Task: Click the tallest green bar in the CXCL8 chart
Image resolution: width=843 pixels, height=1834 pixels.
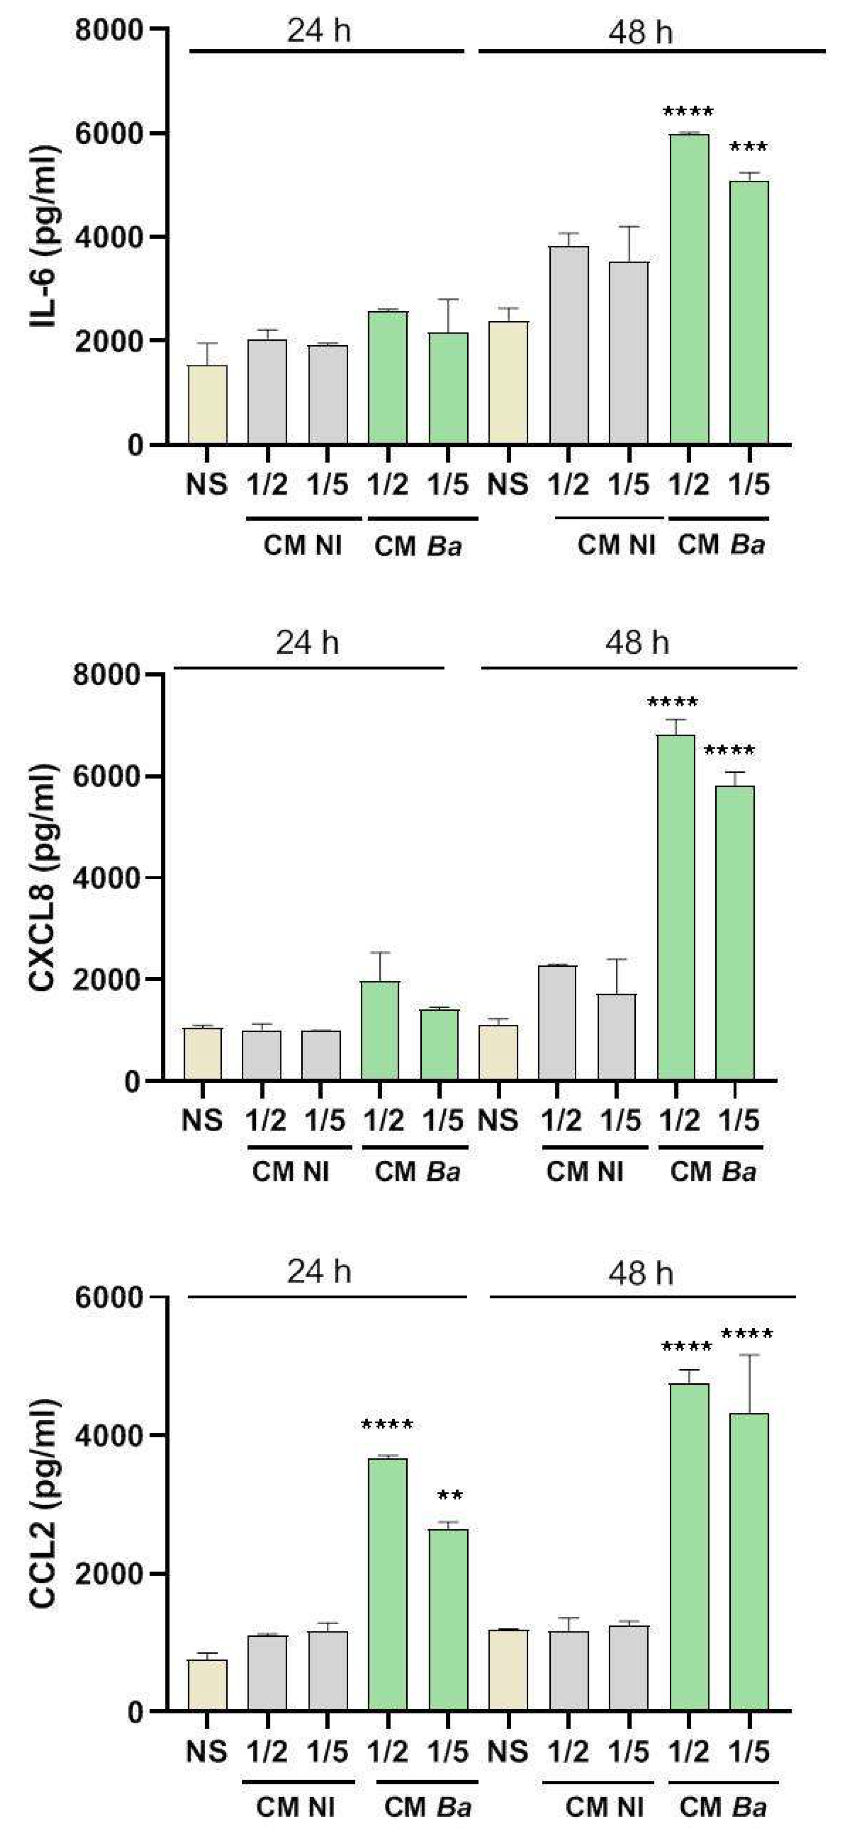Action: coord(676,908)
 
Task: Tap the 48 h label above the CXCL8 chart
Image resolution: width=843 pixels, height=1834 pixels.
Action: coord(637,643)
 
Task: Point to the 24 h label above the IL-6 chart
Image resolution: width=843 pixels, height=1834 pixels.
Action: coord(319,31)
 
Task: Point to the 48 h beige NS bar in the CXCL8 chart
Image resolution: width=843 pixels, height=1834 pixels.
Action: coord(499,1052)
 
